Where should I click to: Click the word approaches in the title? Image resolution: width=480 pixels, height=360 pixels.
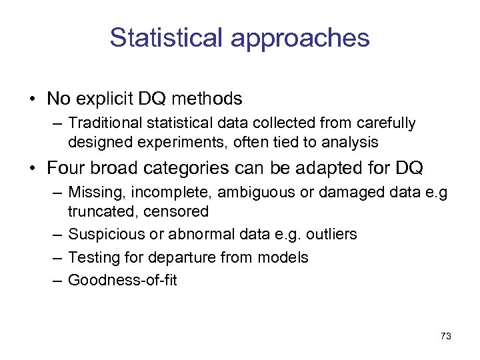click(300, 38)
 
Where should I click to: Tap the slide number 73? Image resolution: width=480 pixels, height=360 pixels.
click(446, 337)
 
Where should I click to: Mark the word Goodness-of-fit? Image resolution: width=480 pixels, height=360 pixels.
click(123, 280)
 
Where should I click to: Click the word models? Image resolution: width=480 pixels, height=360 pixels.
click(286, 257)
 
